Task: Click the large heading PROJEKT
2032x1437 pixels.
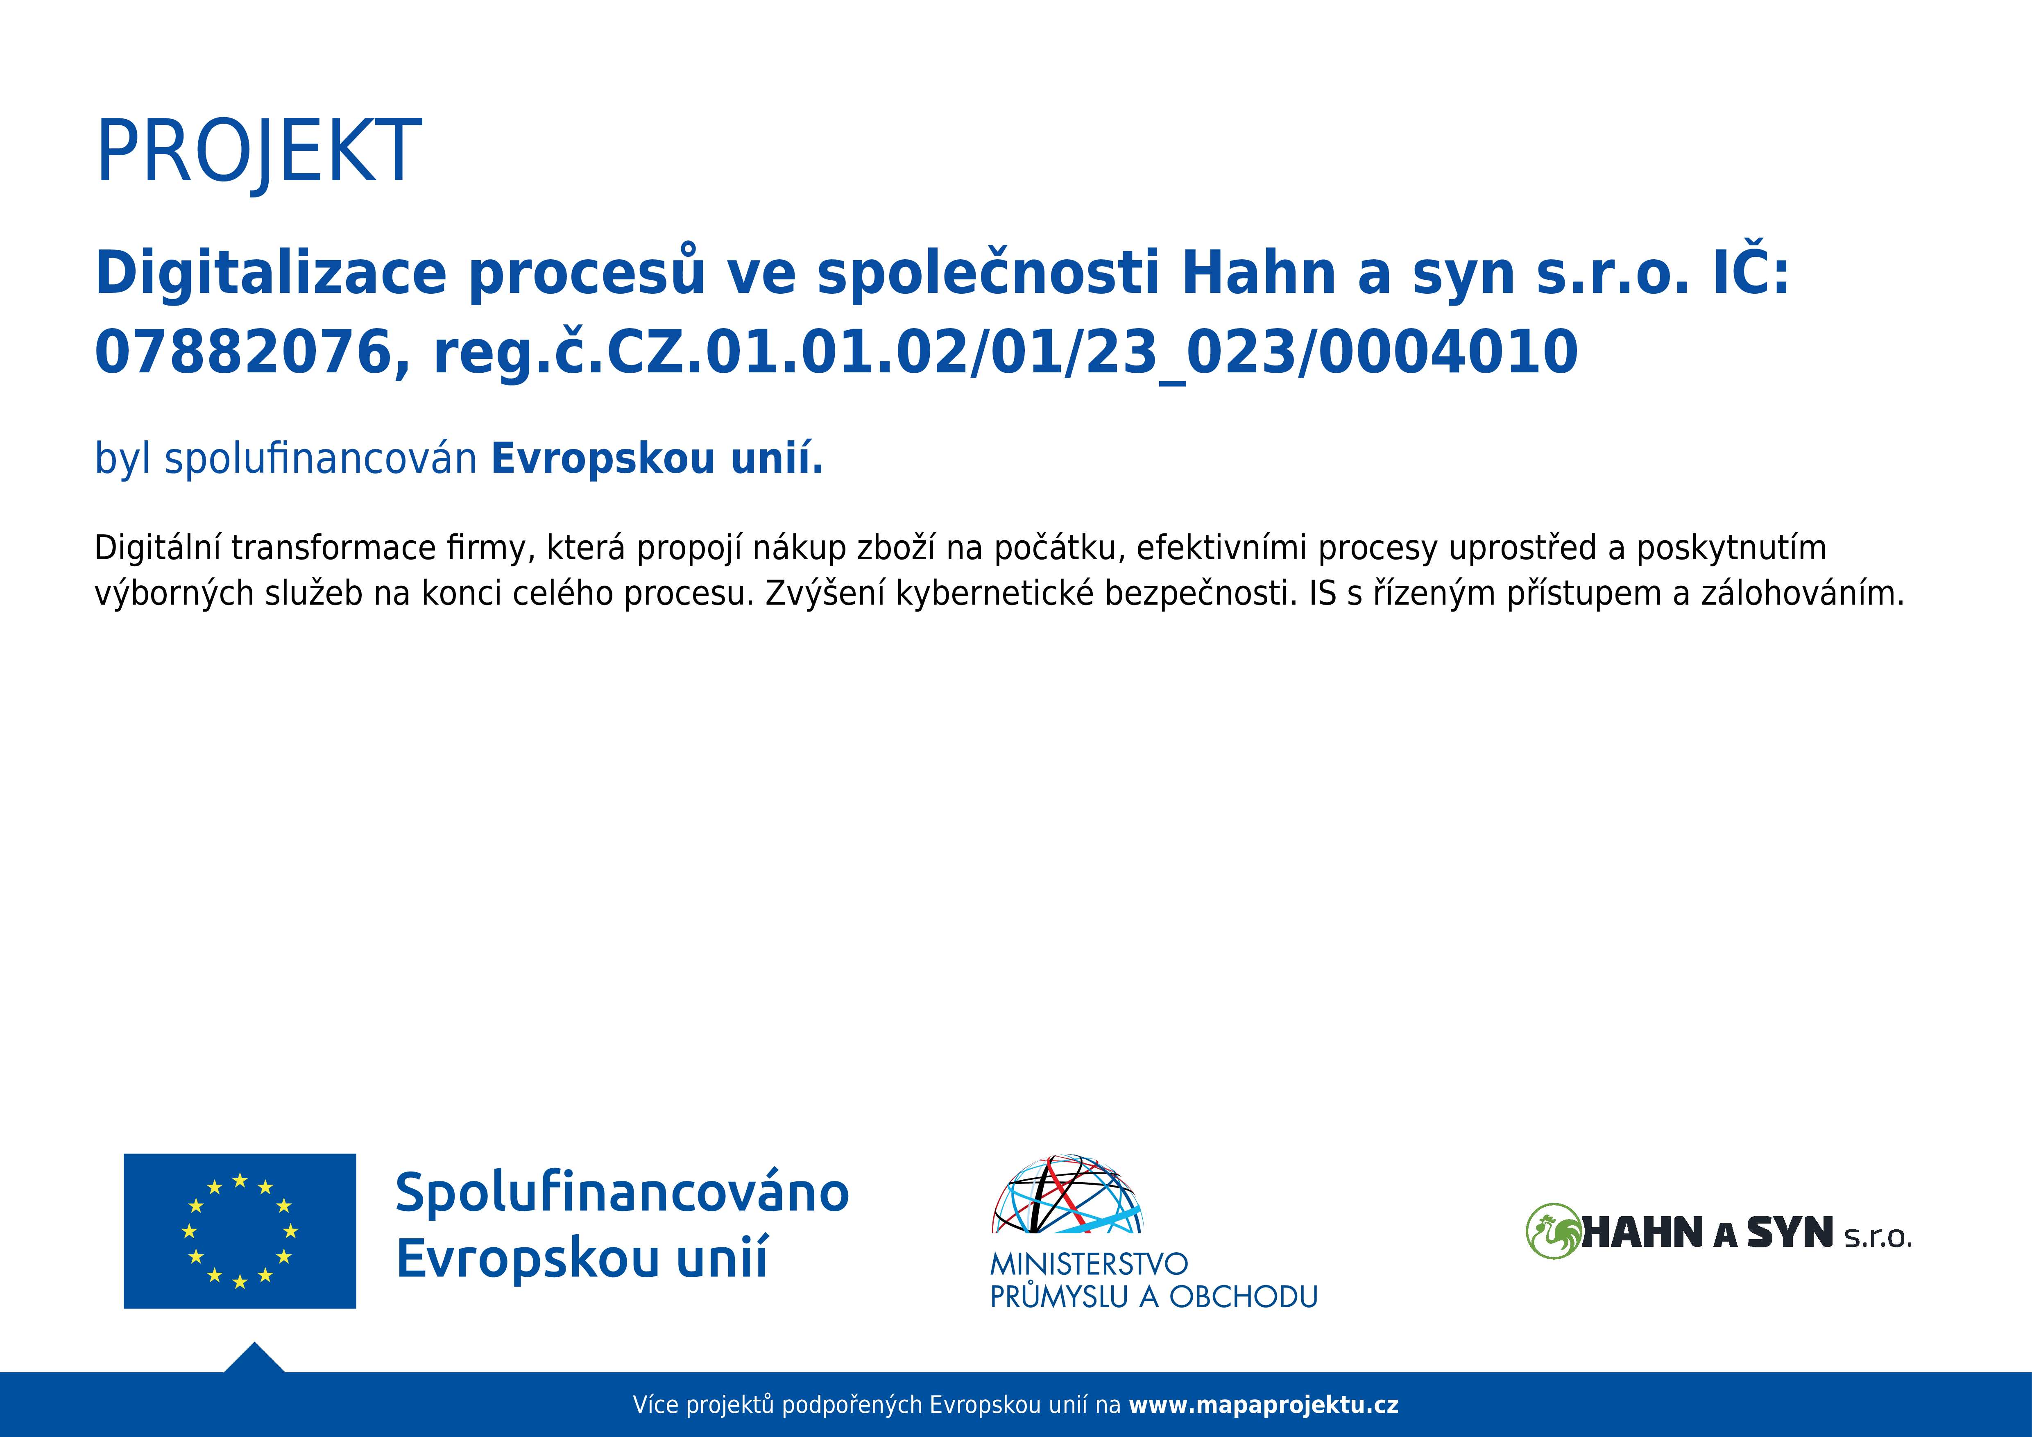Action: coord(258,150)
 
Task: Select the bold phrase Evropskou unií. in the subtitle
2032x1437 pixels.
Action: coord(657,458)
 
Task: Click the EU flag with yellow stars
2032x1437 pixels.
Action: coord(240,1231)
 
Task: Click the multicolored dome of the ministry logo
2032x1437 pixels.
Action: coord(1067,1194)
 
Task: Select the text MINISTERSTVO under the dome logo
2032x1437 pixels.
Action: coord(1089,1264)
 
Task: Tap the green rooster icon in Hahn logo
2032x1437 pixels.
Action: coord(1553,1231)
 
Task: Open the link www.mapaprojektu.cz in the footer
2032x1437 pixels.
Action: coord(1264,1405)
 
